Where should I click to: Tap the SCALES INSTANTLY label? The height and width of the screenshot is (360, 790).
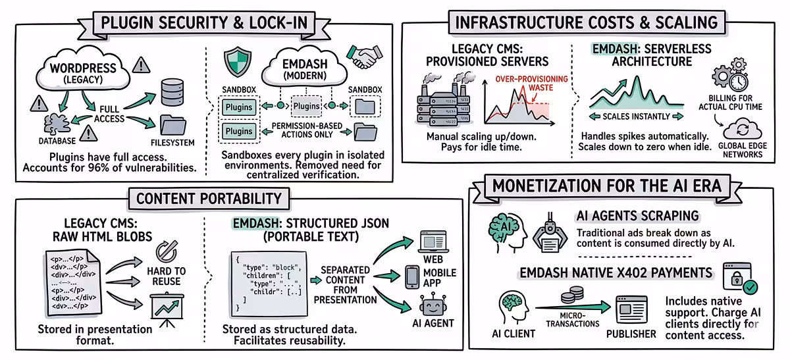tap(631, 116)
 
